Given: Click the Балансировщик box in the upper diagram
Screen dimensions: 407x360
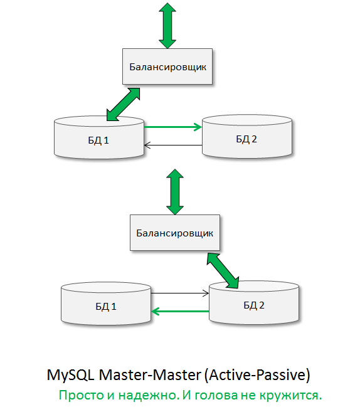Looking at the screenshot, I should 167,66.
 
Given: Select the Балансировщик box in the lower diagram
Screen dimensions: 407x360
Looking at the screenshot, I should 175,232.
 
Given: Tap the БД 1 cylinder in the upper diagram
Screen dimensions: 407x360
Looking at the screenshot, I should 99,139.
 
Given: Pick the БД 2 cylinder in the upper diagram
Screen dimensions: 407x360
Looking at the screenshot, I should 246,139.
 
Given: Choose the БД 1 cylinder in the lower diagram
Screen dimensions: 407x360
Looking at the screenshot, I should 106,306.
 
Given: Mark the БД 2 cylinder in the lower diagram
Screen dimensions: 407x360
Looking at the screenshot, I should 253,305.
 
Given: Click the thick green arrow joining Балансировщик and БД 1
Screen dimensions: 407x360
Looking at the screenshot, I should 124,103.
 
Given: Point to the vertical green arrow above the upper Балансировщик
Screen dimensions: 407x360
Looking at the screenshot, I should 167,26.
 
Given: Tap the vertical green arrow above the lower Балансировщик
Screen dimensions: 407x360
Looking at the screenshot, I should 174,191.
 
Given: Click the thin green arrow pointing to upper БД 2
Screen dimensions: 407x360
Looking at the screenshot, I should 172,127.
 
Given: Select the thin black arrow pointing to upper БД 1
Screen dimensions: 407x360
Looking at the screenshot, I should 172,146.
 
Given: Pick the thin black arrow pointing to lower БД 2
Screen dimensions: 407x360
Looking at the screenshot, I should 180,293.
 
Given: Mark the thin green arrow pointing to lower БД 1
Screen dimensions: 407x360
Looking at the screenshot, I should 180,311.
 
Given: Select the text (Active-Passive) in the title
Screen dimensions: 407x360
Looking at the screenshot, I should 257,376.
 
